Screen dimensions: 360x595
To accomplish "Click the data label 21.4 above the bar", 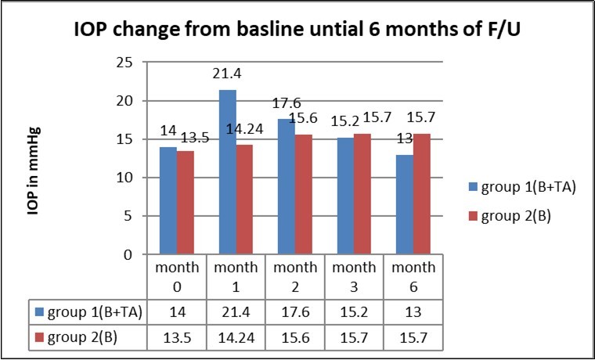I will point(228,74).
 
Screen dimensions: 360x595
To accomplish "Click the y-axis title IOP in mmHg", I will point(36,170).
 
